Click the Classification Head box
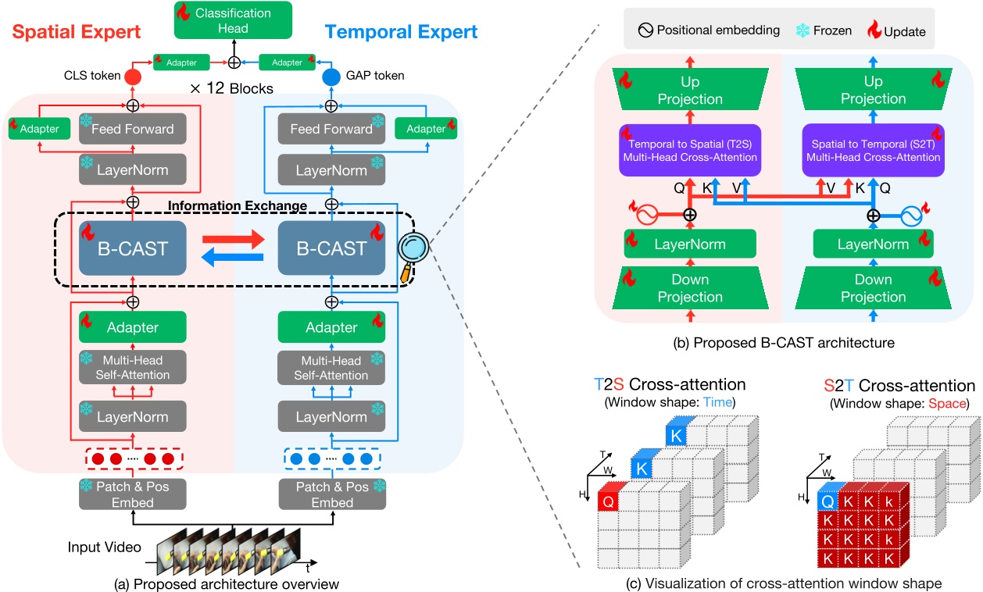click(232, 21)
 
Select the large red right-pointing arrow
click(231, 237)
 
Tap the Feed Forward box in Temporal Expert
click(332, 129)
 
